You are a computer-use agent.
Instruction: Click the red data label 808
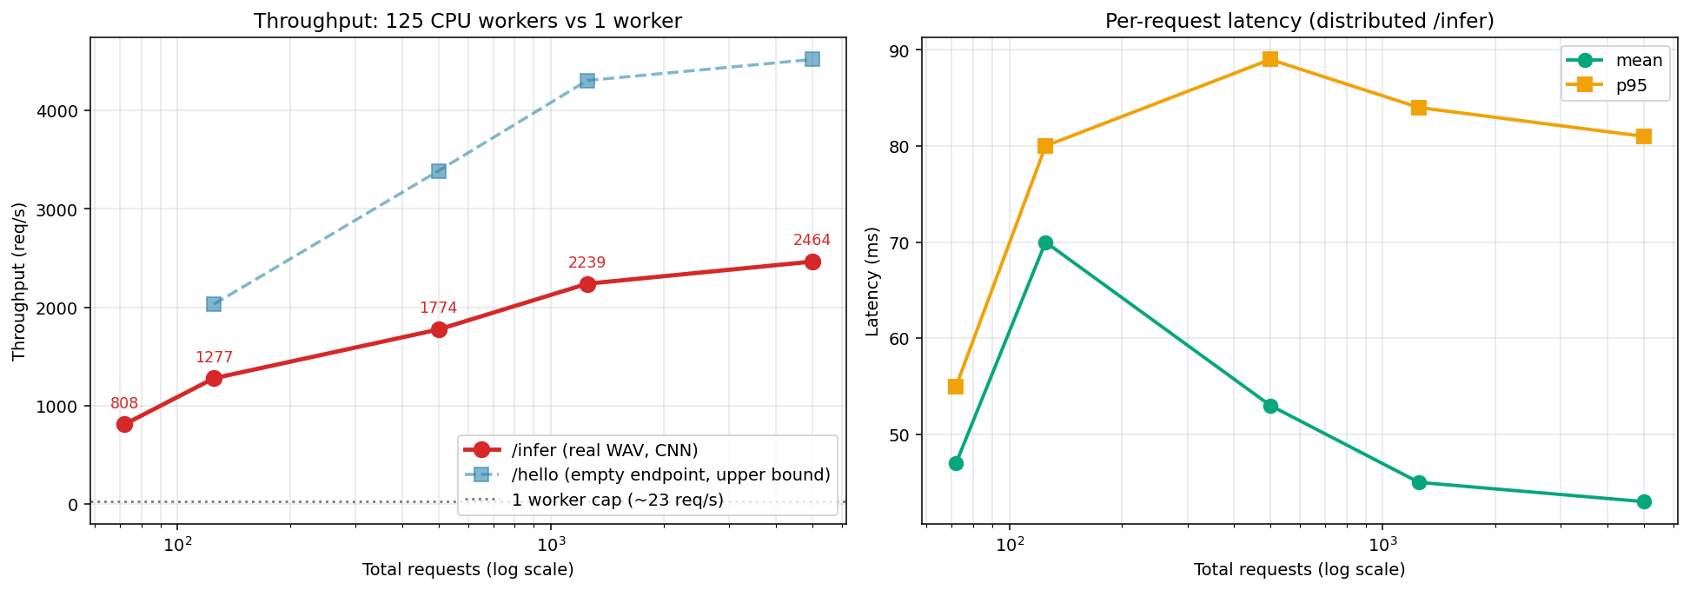point(124,403)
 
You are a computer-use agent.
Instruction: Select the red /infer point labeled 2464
point(812,262)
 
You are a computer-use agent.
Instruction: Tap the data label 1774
point(438,308)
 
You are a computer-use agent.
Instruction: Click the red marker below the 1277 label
point(214,378)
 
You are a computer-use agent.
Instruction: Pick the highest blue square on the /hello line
point(812,59)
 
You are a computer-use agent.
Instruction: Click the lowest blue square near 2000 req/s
point(214,304)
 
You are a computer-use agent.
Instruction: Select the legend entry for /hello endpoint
point(670,474)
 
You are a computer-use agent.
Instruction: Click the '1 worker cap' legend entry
point(617,500)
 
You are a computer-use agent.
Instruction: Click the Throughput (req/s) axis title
point(19,282)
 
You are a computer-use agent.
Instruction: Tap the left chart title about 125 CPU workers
point(467,21)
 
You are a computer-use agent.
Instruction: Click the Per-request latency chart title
point(1299,21)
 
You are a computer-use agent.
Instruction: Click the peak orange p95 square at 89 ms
point(1270,59)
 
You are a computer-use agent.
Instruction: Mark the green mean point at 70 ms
point(1045,242)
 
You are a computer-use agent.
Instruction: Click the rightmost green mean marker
point(1644,501)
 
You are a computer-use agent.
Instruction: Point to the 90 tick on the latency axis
point(901,50)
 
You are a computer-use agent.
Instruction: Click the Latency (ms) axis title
point(873,282)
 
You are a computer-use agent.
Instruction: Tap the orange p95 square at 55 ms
point(956,386)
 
